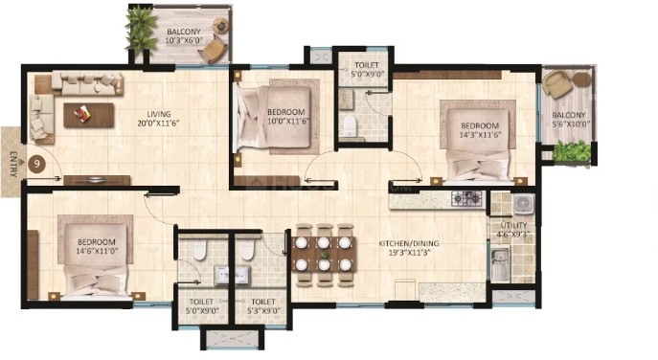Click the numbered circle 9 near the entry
point(37,164)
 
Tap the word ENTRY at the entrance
point(12,164)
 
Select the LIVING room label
point(159,114)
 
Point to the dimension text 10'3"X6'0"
point(184,41)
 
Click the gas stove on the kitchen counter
point(467,198)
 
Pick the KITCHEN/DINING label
point(409,243)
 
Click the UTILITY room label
point(513,225)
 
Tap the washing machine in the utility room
point(523,204)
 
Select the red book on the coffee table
point(81,112)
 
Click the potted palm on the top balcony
point(141,30)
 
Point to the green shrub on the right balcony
point(571,151)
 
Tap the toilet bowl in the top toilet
point(350,125)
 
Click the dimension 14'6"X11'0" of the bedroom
point(97,251)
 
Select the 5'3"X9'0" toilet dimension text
point(262,311)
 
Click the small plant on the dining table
point(324,254)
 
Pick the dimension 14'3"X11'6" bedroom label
point(480,135)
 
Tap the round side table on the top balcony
point(220,25)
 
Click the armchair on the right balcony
point(556,84)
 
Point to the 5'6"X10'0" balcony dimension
point(570,124)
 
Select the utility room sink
point(500,264)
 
